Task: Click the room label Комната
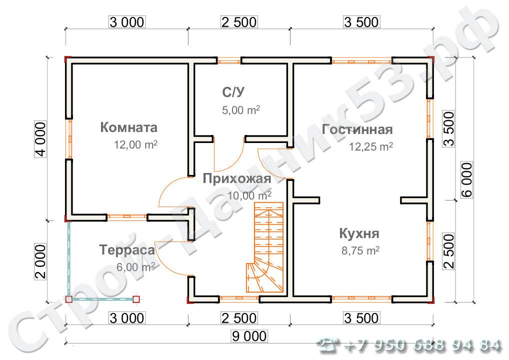[x=128, y=127]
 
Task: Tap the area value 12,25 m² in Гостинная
[x=370, y=147]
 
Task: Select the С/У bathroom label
[x=234, y=92]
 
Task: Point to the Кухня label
[x=359, y=233]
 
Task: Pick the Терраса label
[x=126, y=249]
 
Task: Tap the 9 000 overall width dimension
[x=249, y=336]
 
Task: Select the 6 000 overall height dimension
[x=466, y=180]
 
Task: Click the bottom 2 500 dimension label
[x=238, y=318]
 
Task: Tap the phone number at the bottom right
[x=410, y=345]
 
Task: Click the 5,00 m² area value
[x=240, y=110]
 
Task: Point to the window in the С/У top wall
[x=229, y=61]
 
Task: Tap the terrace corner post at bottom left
[x=69, y=299]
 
